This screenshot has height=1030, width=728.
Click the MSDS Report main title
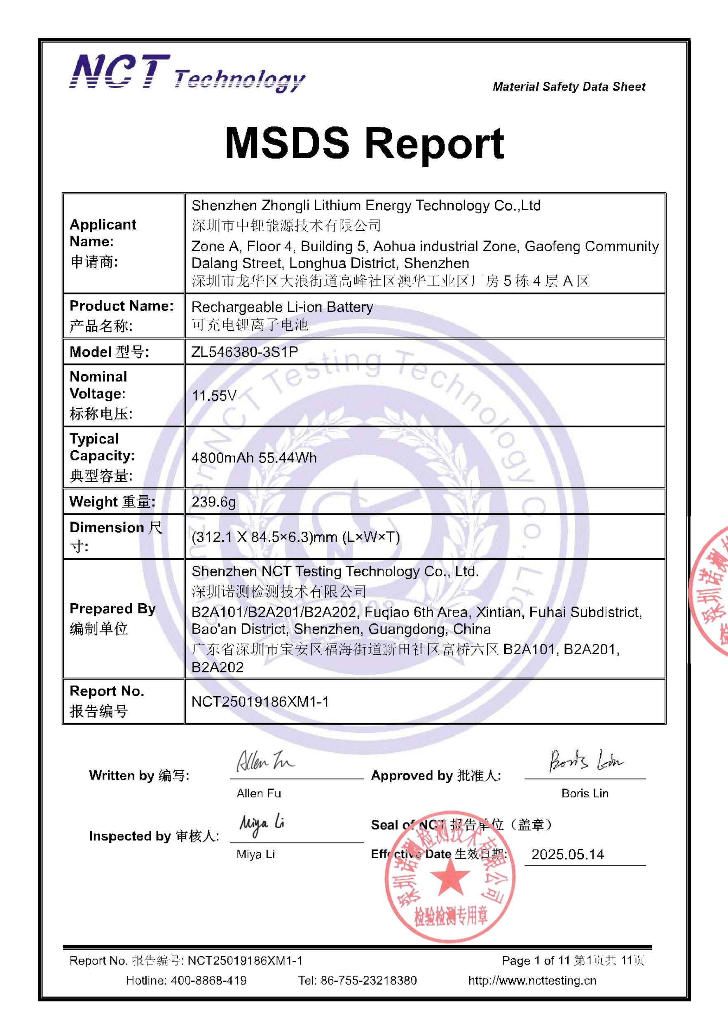[364, 143]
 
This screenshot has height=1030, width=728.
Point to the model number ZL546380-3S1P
[244, 352]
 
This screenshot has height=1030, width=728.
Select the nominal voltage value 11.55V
[214, 395]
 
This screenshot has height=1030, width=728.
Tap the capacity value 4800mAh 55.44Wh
[254, 458]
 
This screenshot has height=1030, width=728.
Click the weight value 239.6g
[213, 501]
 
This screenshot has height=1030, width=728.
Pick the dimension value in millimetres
[295, 536]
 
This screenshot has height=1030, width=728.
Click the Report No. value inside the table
[260, 701]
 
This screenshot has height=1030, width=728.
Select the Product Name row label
[121, 306]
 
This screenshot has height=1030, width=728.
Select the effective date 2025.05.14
[568, 854]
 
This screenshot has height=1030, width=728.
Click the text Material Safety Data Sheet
[569, 87]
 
